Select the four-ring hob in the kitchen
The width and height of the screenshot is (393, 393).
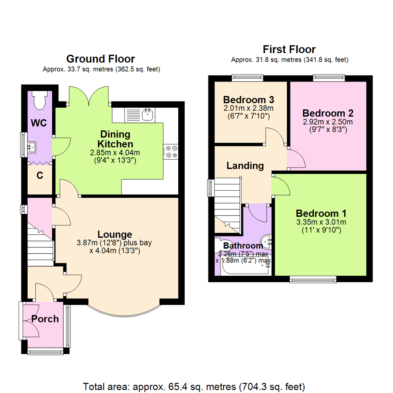[x=171, y=152]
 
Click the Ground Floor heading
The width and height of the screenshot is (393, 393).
[x=101, y=59]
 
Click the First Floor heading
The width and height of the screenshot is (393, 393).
[x=289, y=49]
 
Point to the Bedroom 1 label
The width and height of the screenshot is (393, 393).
[x=321, y=213]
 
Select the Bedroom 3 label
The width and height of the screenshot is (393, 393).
[x=249, y=99]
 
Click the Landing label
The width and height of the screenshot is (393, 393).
[x=245, y=166]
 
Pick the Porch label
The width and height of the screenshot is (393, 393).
[x=45, y=319]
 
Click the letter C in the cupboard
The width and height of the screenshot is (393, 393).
[x=40, y=176]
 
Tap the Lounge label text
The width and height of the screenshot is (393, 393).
[x=115, y=234]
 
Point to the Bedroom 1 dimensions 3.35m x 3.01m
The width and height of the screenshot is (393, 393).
[x=321, y=222]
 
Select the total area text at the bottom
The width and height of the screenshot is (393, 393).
[x=194, y=386]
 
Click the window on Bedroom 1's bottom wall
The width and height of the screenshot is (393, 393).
[x=312, y=279]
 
